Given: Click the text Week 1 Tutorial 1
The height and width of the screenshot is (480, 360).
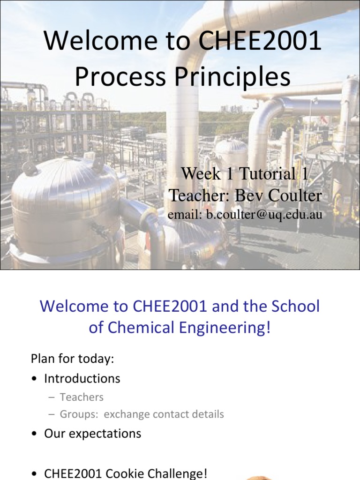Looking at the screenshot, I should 245,174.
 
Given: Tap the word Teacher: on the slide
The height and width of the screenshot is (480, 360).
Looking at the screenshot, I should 200,195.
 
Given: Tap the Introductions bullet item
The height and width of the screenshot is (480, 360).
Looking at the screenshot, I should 82,378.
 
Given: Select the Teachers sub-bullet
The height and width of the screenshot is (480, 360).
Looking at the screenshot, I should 82,397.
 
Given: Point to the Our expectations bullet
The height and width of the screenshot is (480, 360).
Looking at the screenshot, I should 92,434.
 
